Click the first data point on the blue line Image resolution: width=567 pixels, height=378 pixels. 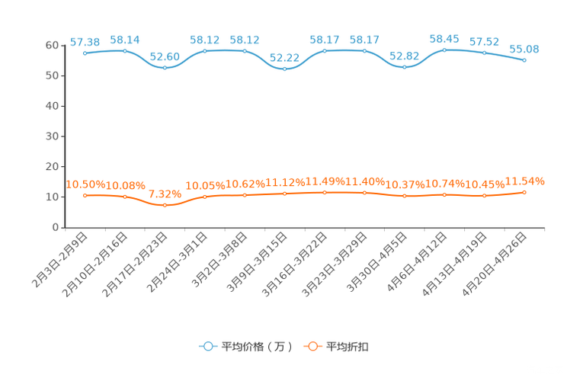click(x=85, y=53)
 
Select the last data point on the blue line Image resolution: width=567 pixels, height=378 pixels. click(x=524, y=60)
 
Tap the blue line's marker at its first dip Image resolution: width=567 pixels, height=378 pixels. click(x=165, y=68)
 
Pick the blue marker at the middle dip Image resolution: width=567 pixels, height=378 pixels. click(x=284, y=69)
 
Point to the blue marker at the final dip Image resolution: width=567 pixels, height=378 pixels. click(x=404, y=68)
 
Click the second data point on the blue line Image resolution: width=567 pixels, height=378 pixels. click(x=125, y=50)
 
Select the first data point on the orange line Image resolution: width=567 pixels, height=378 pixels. click(x=85, y=196)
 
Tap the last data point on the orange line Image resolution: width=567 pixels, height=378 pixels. click(x=524, y=192)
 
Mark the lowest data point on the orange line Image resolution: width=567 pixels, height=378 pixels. click(x=165, y=205)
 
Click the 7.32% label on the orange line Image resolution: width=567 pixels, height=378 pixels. click(x=165, y=194)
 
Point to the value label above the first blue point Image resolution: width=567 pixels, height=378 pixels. click(x=85, y=42)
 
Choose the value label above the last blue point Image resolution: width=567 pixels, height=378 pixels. click(x=524, y=49)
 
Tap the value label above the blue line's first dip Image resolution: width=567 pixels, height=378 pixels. click(x=165, y=56)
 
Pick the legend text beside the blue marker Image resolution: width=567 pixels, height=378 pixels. click(x=256, y=347)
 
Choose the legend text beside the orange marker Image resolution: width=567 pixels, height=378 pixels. click(x=348, y=347)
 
